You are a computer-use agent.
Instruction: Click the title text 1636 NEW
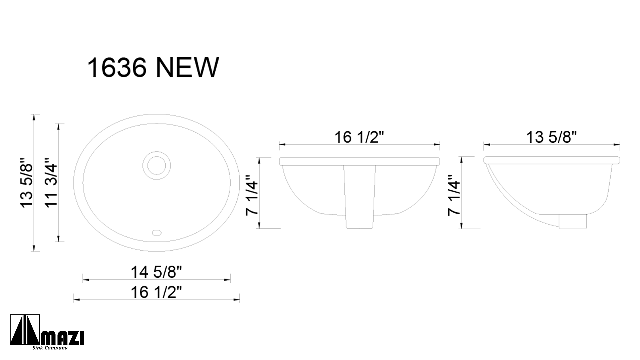(x=153, y=68)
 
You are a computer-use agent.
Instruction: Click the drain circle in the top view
(x=156, y=165)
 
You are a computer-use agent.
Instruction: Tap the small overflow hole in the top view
(x=157, y=232)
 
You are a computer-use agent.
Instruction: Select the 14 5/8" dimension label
(x=156, y=272)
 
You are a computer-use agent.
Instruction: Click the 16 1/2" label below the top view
(x=156, y=292)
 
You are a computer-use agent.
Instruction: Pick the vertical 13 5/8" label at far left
(x=27, y=183)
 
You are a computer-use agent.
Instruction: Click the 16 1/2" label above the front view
(x=359, y=137)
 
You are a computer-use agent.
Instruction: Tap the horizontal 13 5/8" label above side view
(x=551, y=137)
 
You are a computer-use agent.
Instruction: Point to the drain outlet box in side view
(x=572, y=221)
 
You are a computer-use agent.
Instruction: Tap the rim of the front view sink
(x=359, y=161)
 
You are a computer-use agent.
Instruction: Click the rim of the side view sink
(x=551, y=160)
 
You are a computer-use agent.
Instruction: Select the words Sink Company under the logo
(x=50, y=348)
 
